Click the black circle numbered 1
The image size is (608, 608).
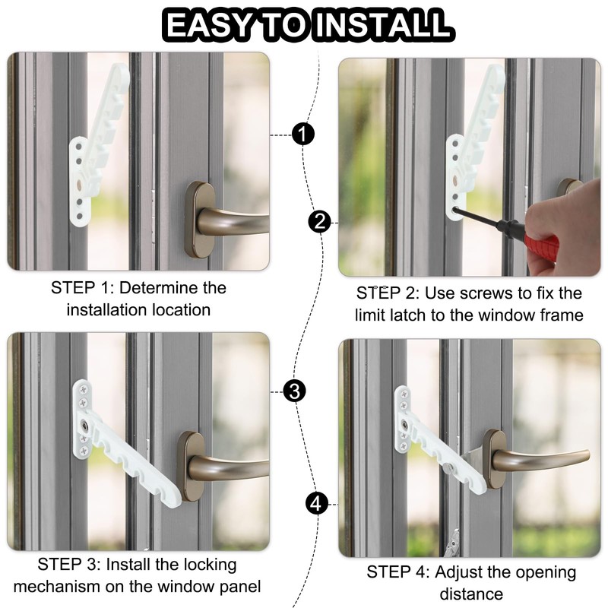302,135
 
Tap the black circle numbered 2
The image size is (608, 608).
319,222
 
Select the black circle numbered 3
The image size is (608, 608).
295,391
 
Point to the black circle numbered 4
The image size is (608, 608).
317,504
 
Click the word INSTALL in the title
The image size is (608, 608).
383,26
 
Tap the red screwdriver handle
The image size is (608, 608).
542,244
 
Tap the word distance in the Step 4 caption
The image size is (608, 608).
471,594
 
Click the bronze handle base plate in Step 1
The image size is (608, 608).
200,220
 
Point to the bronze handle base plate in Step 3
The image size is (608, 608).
191,466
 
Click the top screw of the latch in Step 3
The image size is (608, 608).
84,389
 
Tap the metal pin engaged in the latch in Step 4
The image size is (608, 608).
448,467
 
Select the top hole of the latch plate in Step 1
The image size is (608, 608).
79,147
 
